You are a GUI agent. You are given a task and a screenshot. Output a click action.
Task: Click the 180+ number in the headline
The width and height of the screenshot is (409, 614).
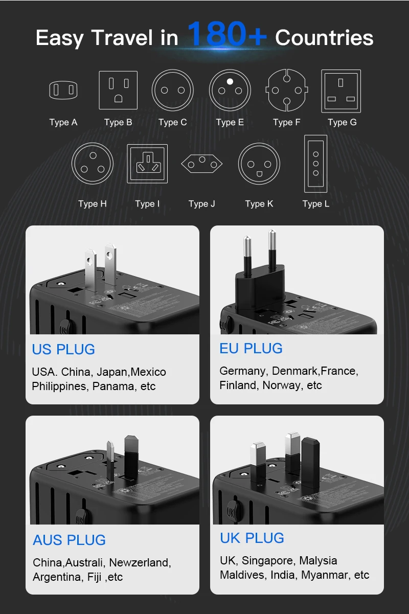(x=226, y=35)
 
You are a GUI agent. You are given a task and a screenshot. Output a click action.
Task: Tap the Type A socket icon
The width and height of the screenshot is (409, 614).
(x=63, y=90)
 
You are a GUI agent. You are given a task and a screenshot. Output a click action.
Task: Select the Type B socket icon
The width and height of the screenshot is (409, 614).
(x=118, y=90)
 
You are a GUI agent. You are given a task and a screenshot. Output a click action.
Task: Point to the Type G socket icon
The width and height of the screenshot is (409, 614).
(x=341, y=90)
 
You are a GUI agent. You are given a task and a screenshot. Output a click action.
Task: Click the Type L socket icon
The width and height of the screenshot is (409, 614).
(x=315, y=164)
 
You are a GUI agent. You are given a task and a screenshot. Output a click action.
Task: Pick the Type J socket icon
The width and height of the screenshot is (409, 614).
(x=202, y=164)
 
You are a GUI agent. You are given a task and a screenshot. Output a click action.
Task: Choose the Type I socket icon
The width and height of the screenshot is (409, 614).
(x=147, y=164)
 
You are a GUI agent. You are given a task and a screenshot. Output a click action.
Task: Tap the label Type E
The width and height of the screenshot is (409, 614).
(x=230, y=122)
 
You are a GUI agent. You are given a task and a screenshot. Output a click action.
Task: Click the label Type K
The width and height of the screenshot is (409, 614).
(x=259, y=203)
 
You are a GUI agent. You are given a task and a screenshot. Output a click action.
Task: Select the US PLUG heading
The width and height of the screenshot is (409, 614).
(x=63, y=349)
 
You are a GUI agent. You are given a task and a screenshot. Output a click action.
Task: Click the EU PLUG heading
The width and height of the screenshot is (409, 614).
(x=251, y=348)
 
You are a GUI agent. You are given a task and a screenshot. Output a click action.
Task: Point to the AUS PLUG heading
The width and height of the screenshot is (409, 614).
(x=69, y=540)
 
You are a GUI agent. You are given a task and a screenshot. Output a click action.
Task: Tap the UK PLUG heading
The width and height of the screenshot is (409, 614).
(x=252, y=538)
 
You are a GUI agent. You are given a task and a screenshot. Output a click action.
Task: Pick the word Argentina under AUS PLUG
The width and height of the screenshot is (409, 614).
(x=56, y=577)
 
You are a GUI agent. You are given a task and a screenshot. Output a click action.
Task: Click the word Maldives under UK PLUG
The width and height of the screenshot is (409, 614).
(x=241, y=575)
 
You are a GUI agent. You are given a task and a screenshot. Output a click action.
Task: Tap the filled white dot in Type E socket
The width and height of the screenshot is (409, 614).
(x=230, y=81)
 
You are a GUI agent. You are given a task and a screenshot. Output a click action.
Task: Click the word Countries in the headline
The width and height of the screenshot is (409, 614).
(x=324, y=38)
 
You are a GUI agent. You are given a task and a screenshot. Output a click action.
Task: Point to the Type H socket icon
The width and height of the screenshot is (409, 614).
(x=93, y=164)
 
